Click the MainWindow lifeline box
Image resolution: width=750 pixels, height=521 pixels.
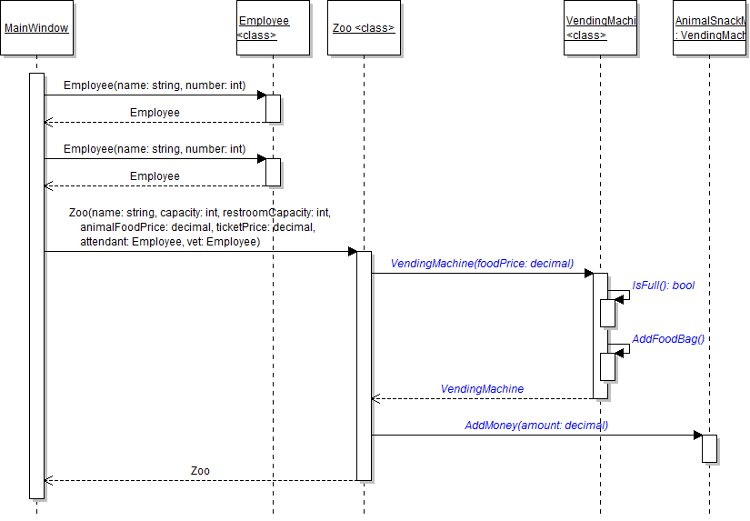[x=36, y=28]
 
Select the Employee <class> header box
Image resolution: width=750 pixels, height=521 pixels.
[x=273, y=28]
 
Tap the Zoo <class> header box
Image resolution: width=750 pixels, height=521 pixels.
[x=364, y=28]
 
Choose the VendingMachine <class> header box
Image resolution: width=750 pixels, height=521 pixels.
[x=600, y=28]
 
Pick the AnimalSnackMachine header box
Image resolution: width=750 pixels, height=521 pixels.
[x=710, y=28]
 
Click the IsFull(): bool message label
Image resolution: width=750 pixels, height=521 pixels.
[x=663, y=286]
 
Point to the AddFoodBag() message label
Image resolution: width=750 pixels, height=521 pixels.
[x=668, y=339]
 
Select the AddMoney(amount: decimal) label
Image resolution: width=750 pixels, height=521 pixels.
[x=536, y=425]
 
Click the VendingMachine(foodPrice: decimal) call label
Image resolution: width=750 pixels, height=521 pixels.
[x=482, y=264]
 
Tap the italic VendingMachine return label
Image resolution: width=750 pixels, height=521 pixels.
[x=482, y=389]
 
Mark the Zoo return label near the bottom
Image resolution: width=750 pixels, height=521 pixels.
[x=200, y=471]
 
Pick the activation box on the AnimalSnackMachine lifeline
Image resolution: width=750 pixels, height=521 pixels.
[x=710, y=448]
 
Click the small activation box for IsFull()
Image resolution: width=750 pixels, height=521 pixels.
[x=608, y=312]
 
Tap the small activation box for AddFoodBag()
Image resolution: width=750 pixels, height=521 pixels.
[x=608, y=366]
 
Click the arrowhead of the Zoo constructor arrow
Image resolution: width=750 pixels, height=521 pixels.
[x=352, y=251]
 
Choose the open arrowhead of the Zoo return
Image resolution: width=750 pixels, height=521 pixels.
[x=48, y=480]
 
